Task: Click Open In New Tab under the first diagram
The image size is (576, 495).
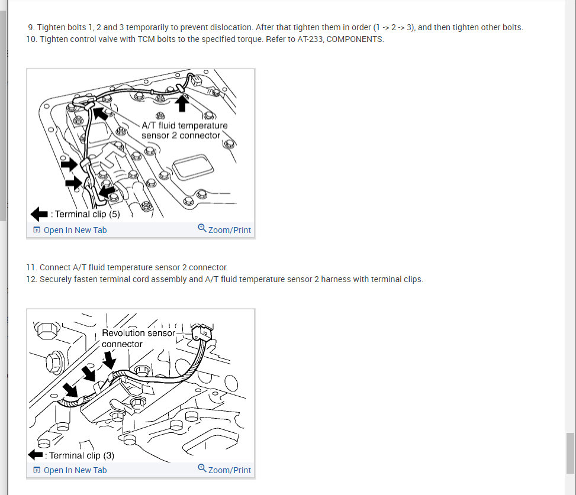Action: pyautogui.click(x=75, y=230)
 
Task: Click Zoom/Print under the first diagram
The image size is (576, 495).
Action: pyautogui.click(x=229, y=230)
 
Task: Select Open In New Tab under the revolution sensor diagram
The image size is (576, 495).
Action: pyautogui.click(x=75, y=470)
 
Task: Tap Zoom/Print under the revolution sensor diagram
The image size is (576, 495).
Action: pyautogui.click(x=229, y=470)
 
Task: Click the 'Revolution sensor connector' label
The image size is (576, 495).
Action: pyautogui.click(x=139, y=338)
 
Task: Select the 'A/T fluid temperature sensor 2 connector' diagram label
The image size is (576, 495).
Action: pyautogui.click(x=185, y=130)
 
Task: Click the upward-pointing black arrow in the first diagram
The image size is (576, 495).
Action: pyautogui.click(x=182, y=103)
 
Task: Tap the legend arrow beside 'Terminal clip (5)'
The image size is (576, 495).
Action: pyautogui.click(x=39, y=214)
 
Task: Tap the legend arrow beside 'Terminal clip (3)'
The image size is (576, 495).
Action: pyautogui.click(x=36, y=455)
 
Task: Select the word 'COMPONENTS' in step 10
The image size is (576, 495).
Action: pyautogui.click(x=355, y=39)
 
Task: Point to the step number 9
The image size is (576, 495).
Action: pyautogui.click(x=31, y=28)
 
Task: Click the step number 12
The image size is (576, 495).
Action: pyautogui.click(x=31, y=279)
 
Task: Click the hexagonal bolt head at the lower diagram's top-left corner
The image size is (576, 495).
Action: pyautogui.click(x=47, y=330)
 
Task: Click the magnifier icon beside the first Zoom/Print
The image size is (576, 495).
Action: pyautogui.click(x=202, y=228)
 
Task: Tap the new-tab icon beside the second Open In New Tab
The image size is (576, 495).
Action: pyautogui.click(x=37, y=470)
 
